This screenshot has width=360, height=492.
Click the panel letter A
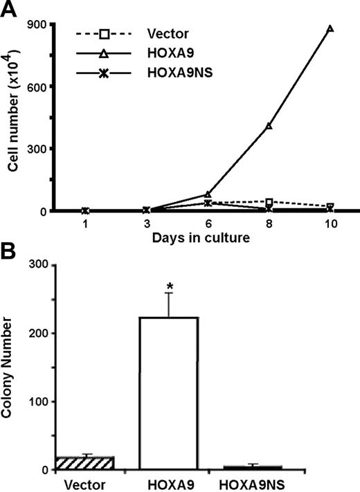(8, 10)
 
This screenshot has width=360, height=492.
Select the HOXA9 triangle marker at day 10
(330, 29)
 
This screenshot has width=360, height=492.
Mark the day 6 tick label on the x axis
(208, 225)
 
